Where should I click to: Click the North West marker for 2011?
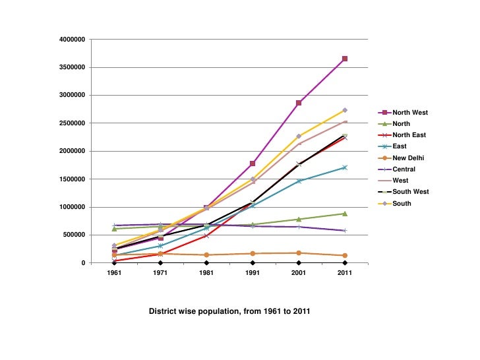[345, 59]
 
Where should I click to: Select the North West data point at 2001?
[299, 103]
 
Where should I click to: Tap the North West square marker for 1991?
[253, 163]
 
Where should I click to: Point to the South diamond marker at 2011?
[345, 110]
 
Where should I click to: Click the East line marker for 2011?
[345, 167]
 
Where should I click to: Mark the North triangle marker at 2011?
[345, 214]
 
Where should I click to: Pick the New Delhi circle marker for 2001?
[299, 253]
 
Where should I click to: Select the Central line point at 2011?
[345, 230]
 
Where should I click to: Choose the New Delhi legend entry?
[408, 158]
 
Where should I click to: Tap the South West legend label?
[410, 192]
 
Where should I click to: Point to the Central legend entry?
[404, 169]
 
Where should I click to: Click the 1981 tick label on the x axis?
[206, 272]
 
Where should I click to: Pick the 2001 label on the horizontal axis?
[299, 272]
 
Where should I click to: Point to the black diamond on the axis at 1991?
[253, 262]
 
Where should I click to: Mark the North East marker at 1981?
[206, 235]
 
